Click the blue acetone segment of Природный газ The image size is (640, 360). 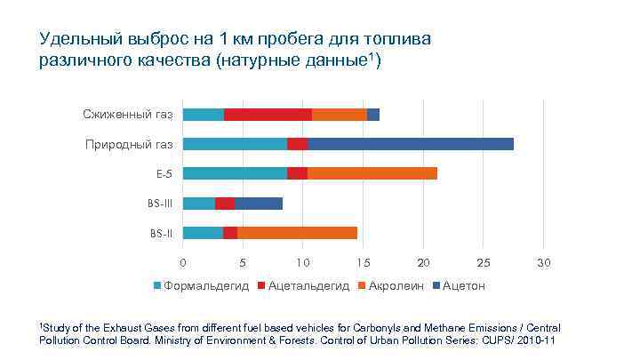pos(411,143)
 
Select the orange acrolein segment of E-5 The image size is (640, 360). pos(372,173)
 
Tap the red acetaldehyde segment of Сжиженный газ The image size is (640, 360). pos(268,114)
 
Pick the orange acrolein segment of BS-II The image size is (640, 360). pos(297,233)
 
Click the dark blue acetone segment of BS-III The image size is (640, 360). pos(259,204)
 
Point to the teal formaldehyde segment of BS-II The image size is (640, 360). pos(203,233)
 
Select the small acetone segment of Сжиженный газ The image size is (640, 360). pos(373,114)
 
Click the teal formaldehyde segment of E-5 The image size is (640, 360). pos(235,173)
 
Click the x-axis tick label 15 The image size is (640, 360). pos(363,263)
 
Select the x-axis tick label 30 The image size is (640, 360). pos(544,263)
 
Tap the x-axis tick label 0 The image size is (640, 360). pos(183,263)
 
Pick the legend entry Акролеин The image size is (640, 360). pos(392,286)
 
